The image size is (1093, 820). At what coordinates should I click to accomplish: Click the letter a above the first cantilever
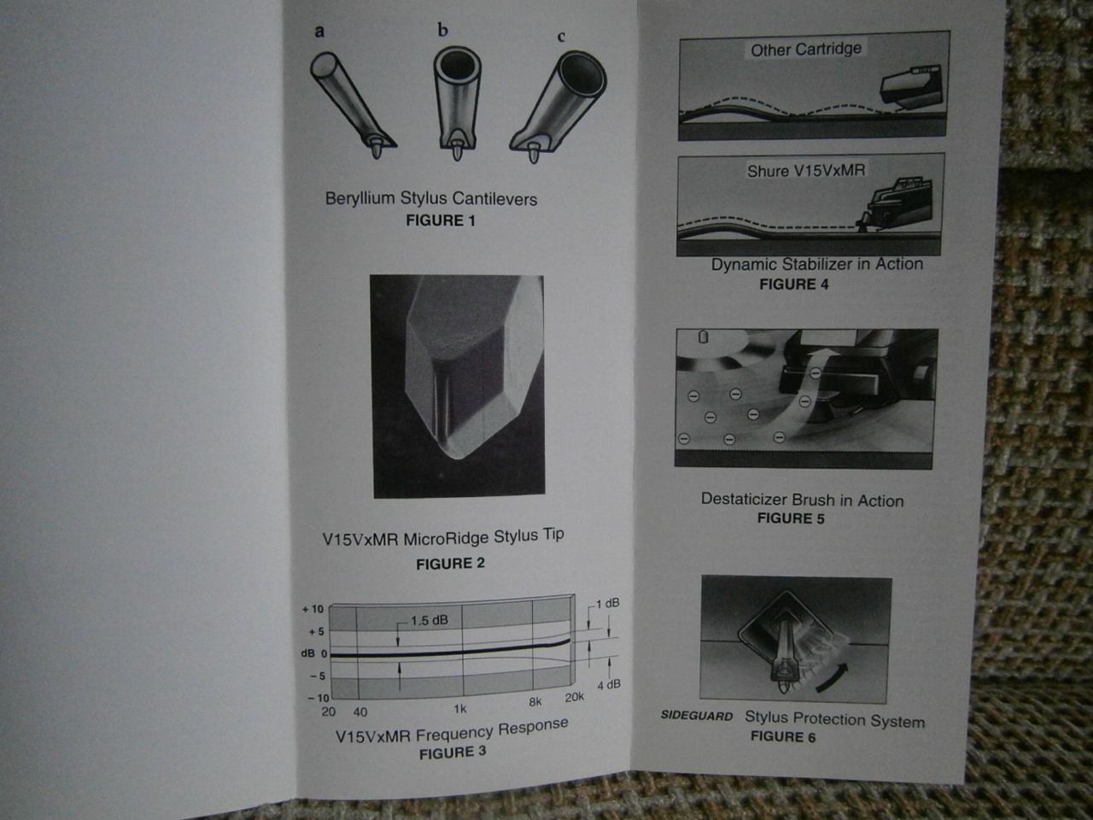pyautogui.click(x=319, y=32)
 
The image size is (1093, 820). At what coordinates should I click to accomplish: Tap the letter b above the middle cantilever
pyautogui.click(x=442, y=31)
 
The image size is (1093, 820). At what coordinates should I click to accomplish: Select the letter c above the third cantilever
pyautogui.click(x=561, y=37)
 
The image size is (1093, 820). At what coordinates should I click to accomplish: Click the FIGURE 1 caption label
pyautogui.click(x=441, y=220)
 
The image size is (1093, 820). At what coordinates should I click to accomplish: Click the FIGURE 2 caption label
pyautogui.click(x=450, y=564)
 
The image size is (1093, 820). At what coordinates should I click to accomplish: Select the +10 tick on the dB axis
pyautogui.click(x=313, y=609)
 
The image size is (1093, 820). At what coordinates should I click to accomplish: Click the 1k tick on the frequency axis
pyautogui.click(x=460, y=708)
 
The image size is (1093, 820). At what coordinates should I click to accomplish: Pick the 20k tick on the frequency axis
pyautogui.click(x=574, y=698)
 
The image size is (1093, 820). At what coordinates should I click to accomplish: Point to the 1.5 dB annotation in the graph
pyautogui.click(x=430, y=620)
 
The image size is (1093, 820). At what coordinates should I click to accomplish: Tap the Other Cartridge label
pyautogui.click(x=806, y=50)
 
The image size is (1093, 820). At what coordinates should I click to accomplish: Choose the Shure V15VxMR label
pyautogui.click(x=806, y=171)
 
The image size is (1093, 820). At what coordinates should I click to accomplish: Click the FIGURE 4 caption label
pyautogui.click(x=794, y=284)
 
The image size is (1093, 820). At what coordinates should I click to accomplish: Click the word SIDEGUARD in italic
pyautogui.click(x=697, y=716)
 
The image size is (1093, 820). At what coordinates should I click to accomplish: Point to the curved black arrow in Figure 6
pyautogui.click(x=833, y=679)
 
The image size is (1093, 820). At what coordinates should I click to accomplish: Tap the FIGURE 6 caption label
pyautogui.click(x=783, y=737)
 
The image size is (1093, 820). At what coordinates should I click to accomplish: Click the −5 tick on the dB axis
pyautogui.click(x=317, y=676)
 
